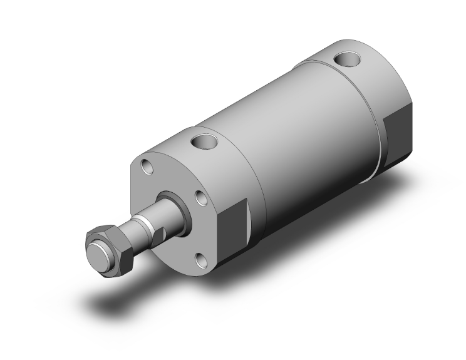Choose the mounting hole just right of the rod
(202, 198)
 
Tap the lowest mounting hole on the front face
(200, 260)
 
